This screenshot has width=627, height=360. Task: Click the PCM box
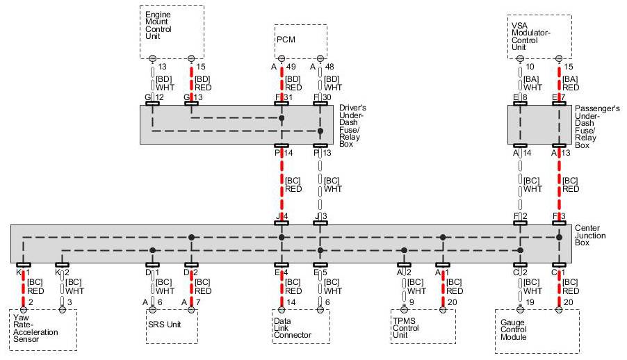pos(300,40)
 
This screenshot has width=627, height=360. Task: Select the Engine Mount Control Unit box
pos(172,31)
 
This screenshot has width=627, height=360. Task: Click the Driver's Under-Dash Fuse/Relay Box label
pos(355,125)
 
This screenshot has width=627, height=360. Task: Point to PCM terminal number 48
pos(330,67)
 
